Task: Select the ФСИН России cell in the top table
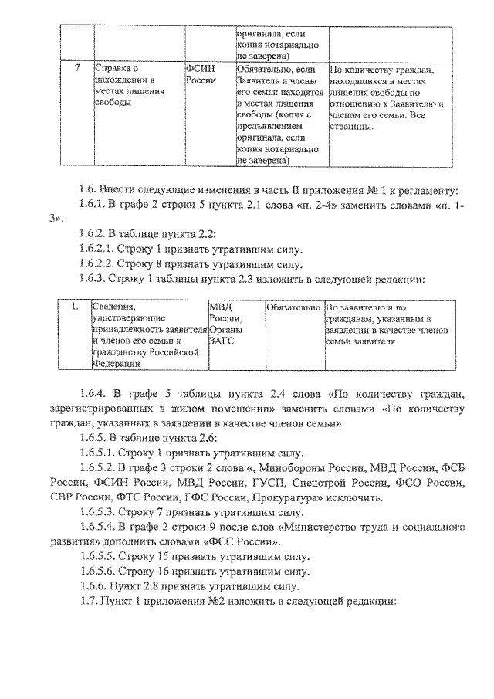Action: (199, 74)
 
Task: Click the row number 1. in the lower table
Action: (76, 307)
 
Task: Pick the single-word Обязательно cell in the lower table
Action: (292, 307)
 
